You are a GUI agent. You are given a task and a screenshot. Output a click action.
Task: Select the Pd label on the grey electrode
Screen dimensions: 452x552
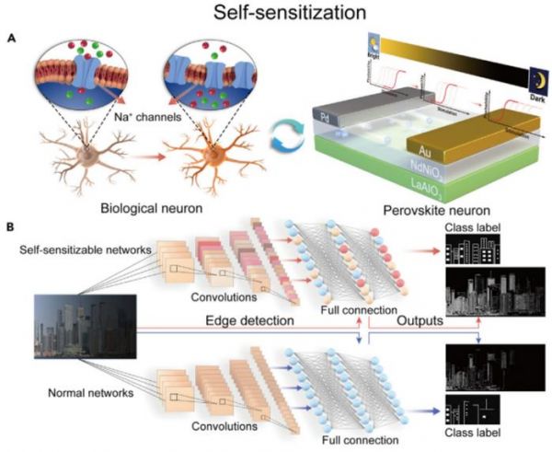[325, 116]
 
